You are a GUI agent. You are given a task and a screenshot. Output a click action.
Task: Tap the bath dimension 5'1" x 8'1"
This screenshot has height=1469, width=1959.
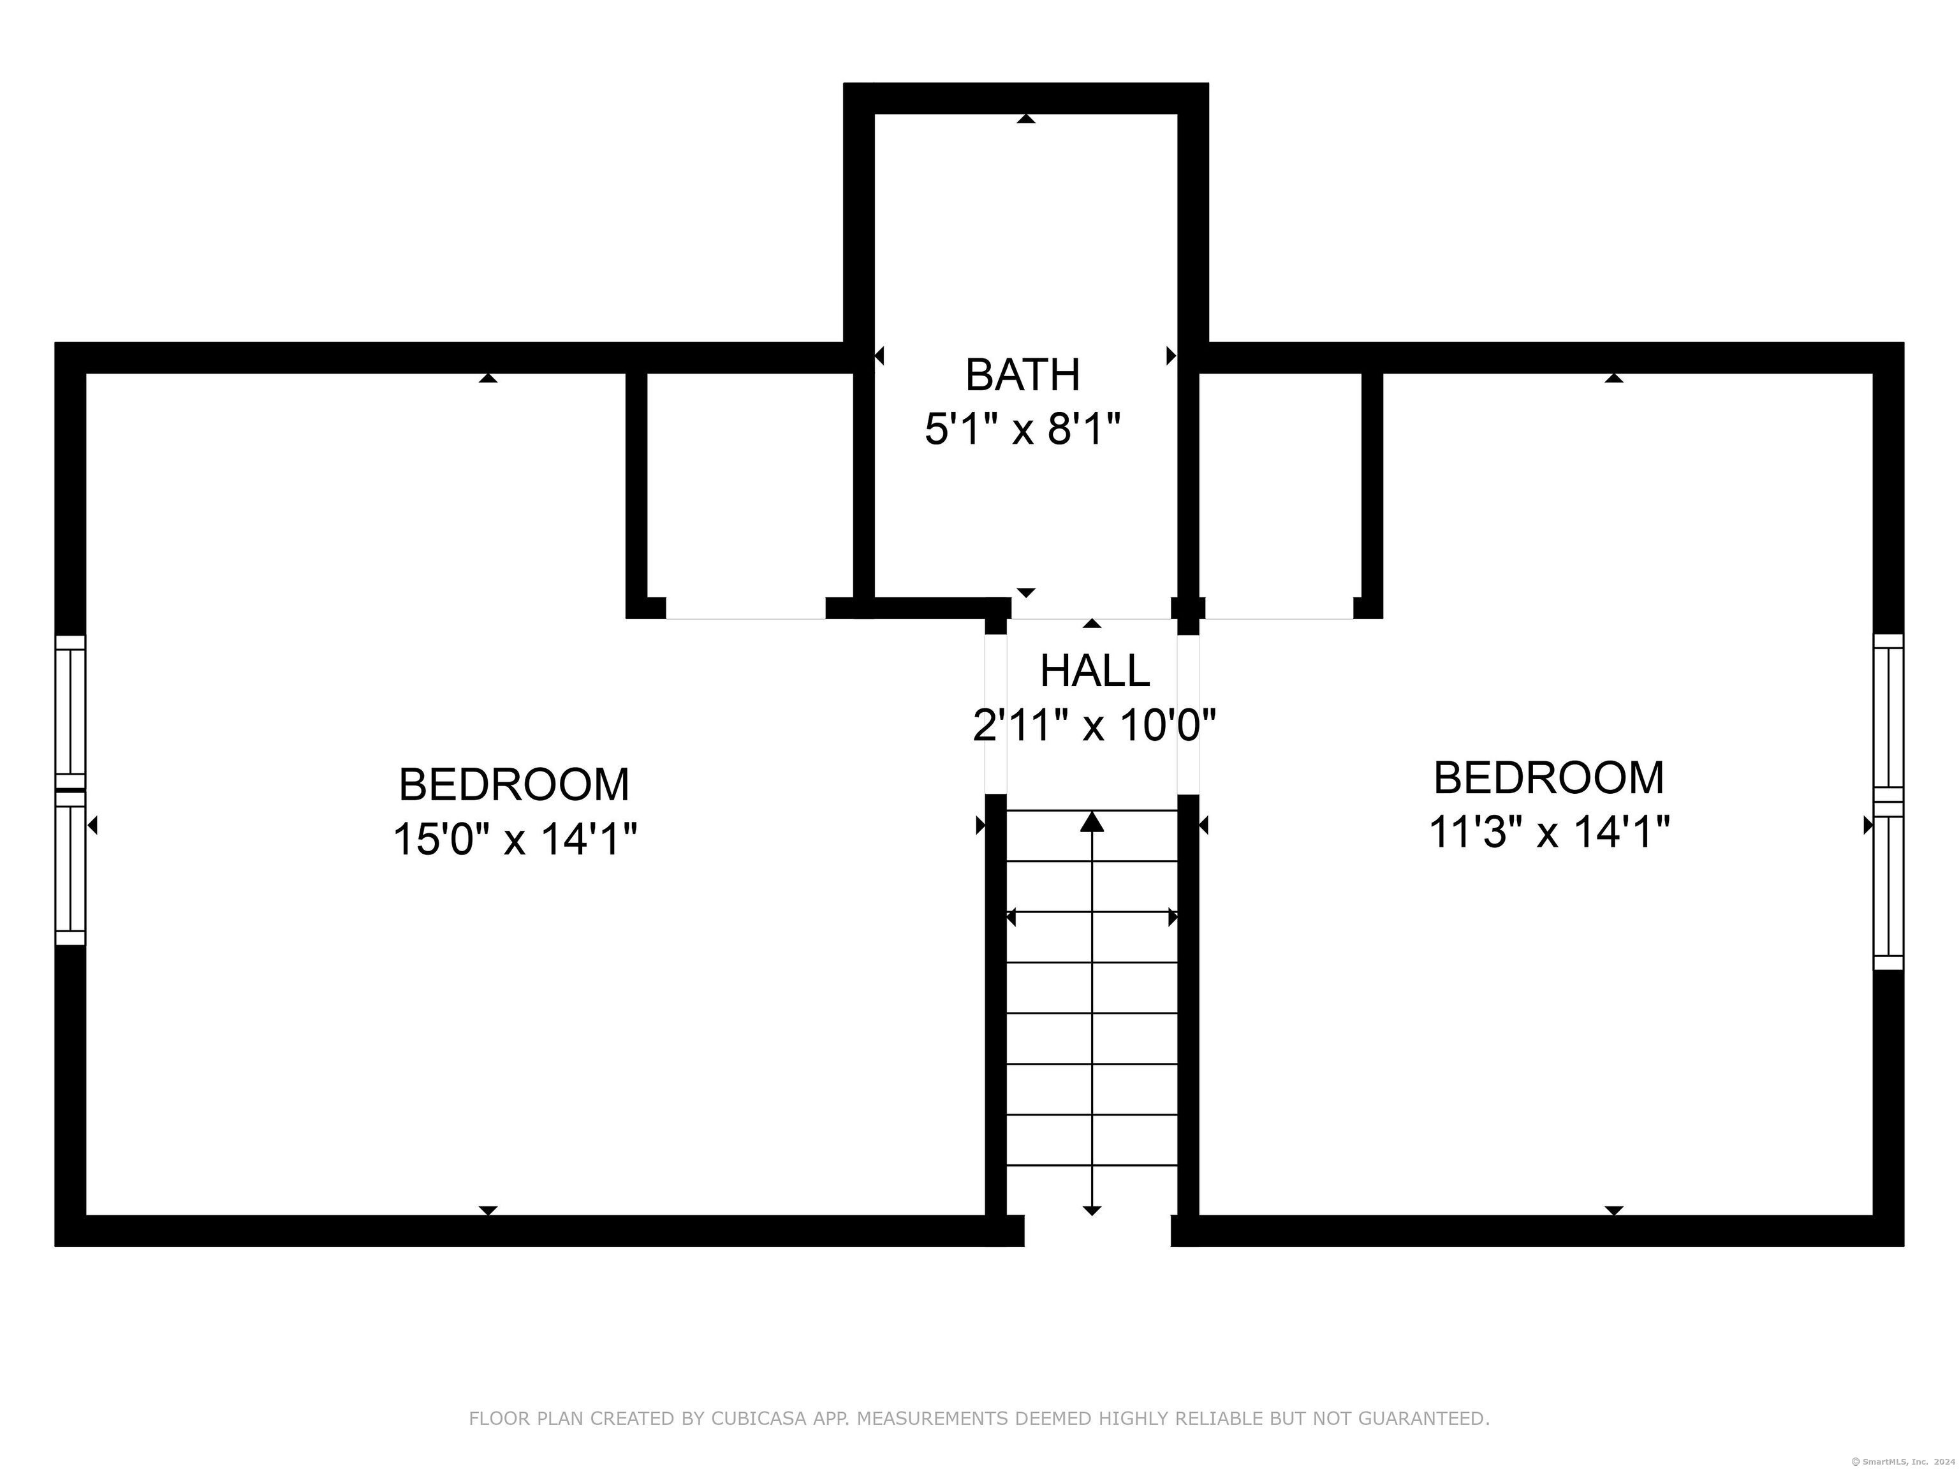(1023, 430)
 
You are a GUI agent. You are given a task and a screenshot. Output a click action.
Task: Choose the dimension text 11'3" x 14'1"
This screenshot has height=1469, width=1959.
(1549, 832)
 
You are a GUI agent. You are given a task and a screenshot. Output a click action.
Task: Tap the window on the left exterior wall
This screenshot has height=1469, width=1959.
(71, 790)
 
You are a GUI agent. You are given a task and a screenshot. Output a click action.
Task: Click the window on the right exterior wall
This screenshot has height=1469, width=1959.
(1888, 801)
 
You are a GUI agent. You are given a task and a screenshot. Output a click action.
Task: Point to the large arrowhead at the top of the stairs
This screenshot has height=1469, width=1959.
(1092, 822)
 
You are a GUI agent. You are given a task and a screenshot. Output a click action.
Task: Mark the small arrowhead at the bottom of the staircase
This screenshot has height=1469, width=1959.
(1092, 1210)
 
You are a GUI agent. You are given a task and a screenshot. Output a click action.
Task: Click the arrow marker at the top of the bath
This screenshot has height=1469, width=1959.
(1025, 119)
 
